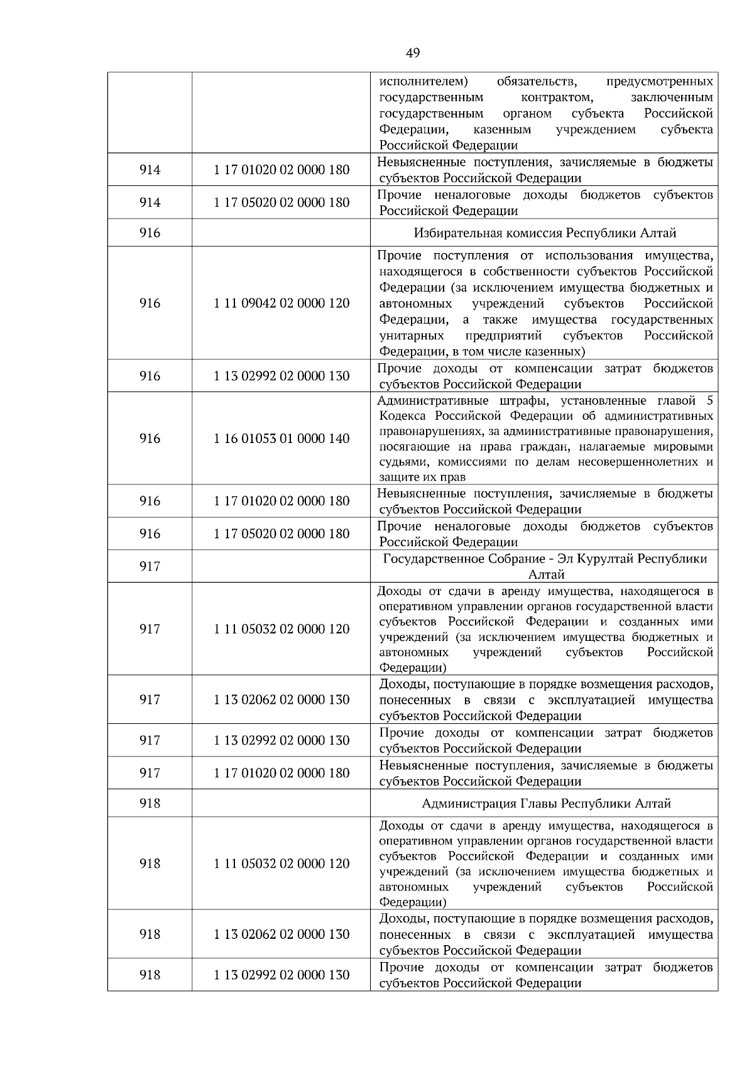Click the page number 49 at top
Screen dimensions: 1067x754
coord(413,53)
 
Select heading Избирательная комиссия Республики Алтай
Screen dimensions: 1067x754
coord(544,233)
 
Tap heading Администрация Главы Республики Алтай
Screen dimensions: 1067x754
coord(546,804)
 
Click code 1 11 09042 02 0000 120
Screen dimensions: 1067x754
coord(281,304)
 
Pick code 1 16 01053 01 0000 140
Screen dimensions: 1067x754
coord(281,439)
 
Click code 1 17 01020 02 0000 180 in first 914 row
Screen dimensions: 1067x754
coord(281,170)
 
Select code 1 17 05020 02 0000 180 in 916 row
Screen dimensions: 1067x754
coord(281,533)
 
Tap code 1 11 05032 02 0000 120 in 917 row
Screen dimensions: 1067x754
coord(281,629)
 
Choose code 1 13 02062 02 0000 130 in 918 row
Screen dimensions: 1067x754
coord(281,934)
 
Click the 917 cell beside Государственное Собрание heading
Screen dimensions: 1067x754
coord(150,567)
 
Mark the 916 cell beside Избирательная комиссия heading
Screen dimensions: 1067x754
coord(150,233)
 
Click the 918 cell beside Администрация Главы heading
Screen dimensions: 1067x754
coord(150,804)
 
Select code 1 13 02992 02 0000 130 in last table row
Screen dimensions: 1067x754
coord(281,975)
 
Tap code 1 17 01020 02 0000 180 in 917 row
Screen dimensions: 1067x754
coord(281,774)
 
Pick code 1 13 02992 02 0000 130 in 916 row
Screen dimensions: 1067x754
coord(281,376)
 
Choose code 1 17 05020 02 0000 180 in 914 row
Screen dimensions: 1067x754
coord(281,202)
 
